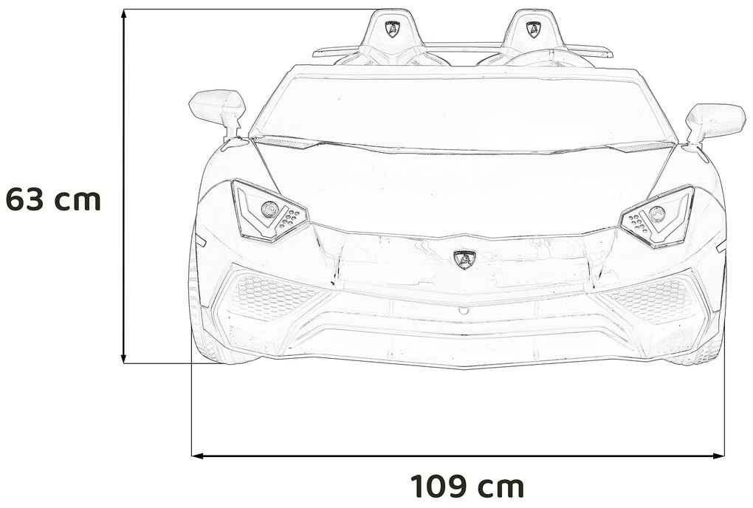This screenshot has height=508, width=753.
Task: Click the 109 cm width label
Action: (x=467, y=487)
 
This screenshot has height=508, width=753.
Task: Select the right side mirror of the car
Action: (x=714, y=120)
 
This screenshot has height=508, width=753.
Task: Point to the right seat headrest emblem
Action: (x=531, y=30)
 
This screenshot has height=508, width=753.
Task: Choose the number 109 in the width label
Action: (x=439, y=487)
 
